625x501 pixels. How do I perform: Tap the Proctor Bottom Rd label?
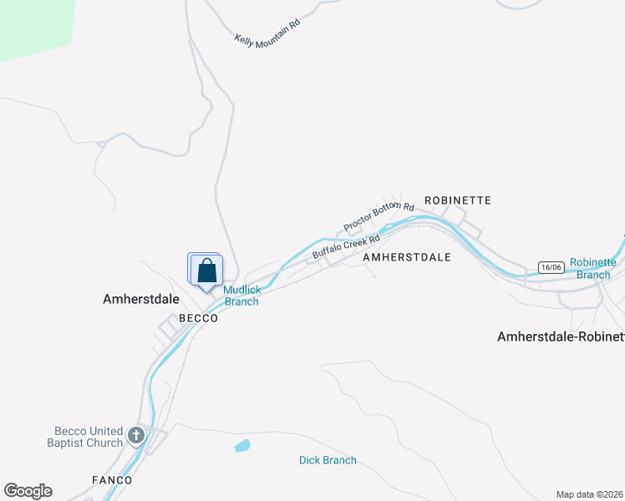point(379,217)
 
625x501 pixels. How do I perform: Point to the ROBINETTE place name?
point(457,200)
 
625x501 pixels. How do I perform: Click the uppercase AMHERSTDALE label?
point(407,258)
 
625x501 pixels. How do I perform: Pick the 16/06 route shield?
point(550,267)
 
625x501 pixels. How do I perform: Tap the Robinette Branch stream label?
point(593,268)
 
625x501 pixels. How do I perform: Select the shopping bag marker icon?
point(207,271)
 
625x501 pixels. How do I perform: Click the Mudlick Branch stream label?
point(241,296)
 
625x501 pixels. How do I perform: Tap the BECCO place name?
point(199,318)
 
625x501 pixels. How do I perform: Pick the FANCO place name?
point(111,480)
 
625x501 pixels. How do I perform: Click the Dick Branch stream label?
point(328,460)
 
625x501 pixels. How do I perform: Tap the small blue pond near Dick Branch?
point(242,446)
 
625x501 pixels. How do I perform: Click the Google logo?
point(28,491)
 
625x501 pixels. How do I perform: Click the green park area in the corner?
point(33,25)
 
